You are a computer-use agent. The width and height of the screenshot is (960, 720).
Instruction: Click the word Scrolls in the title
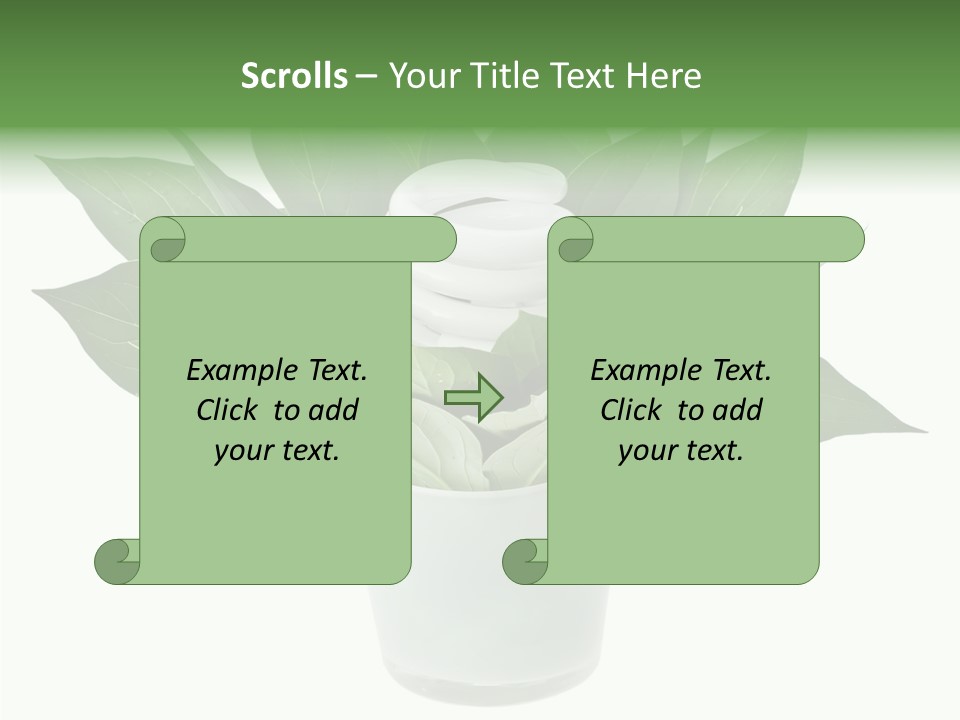(294, 76)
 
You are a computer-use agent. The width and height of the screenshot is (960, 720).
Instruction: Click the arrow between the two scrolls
(473, 398)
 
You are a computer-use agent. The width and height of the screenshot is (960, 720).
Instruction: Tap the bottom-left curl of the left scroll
(118, 561)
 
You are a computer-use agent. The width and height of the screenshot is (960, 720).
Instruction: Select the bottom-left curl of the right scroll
(526, 561)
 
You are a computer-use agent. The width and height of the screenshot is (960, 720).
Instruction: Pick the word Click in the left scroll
(229, 410)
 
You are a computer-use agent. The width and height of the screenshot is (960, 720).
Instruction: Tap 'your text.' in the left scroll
(277, 450)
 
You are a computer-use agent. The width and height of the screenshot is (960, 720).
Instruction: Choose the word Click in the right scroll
(633, 410)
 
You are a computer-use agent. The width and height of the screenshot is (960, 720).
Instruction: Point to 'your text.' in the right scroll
(681, 450)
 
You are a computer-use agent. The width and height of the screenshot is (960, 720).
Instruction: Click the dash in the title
(366, 77)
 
